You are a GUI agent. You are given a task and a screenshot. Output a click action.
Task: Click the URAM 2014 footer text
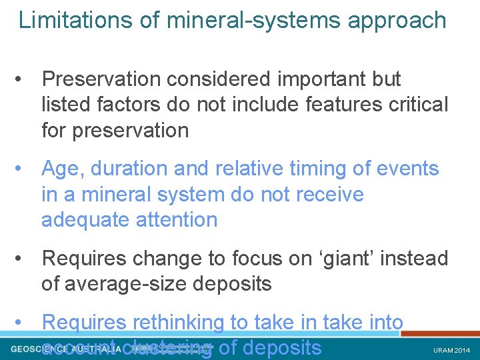click(x=452, y=350)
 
